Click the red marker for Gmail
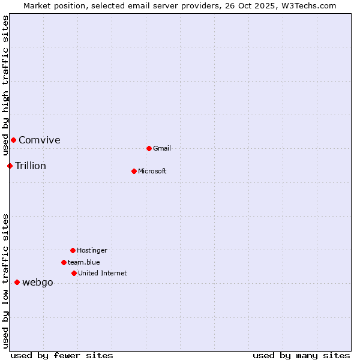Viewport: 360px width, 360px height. tap(149, 148)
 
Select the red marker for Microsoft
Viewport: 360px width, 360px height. tap(134, 171)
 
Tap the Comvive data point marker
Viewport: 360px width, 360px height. tap(13, 140)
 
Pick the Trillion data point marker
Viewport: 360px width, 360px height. tap(10, 166)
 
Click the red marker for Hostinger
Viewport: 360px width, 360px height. tap(73, 250)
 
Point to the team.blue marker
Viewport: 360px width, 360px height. tap(64, 262)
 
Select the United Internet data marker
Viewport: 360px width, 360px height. tap(74, 273)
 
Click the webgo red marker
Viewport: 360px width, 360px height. tap(17, 282)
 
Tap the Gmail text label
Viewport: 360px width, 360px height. tap(162, 148)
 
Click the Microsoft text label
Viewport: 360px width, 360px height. tap(152, 171)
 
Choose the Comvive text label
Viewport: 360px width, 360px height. tap(40, 140)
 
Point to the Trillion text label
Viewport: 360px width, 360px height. tap(31, 166)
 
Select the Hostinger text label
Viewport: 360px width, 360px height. tap(92, 250)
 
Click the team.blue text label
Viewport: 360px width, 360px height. tap(84, 262)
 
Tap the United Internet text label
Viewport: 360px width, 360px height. tap(103, 273)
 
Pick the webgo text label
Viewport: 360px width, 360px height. tap(38, 282)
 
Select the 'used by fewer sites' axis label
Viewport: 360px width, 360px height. tap(62, 355)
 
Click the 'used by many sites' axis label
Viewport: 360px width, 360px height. tap(301, 355)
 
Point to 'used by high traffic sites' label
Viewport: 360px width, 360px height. tap(5, 85)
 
